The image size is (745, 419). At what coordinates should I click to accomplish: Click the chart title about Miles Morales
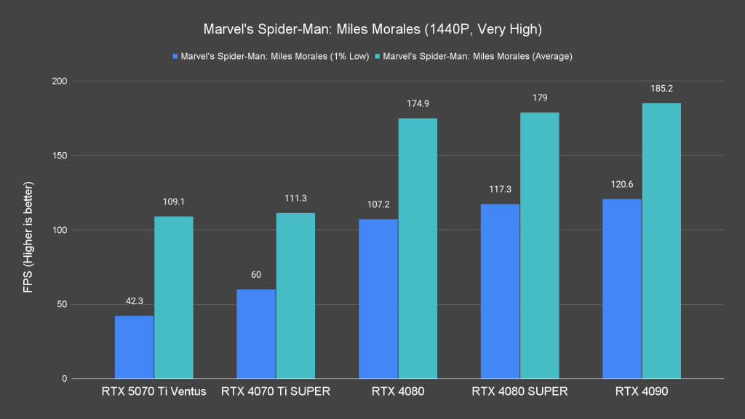click(x=372, y=31)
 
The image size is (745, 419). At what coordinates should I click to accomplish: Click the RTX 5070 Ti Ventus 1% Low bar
click(x=134, y=347)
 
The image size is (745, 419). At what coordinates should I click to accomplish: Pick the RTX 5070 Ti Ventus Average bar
click(x=173, y=298)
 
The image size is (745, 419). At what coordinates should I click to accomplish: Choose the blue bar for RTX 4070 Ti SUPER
click(x=256, y=334)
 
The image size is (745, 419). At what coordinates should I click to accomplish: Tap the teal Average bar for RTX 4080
click(x=418, y=248)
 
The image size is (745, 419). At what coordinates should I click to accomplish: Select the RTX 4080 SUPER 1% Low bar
click(x=500, y=291)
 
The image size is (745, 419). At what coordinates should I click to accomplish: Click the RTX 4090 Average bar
click(x=661, y=241)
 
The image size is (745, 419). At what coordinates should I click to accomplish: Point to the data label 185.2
click(x=661, y=89)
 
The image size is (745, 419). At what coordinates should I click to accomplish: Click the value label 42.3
click(x=134, y=301)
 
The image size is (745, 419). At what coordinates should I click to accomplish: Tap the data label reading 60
click(x=256, y=275)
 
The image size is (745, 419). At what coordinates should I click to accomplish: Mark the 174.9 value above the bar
click(x=418, y=104)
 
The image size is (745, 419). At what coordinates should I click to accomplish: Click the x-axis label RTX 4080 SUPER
click(x=519, y=392)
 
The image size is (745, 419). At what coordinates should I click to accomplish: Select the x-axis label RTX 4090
click(x=642, y=392)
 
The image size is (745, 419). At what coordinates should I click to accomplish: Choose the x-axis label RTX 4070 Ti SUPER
click(x=276, y=392)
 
